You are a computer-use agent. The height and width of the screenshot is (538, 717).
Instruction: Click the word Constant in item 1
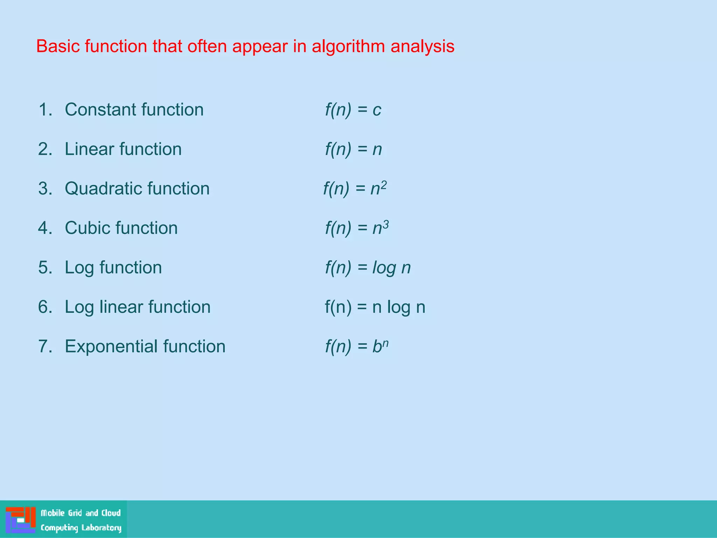pyautogui.click(x=100, y=109)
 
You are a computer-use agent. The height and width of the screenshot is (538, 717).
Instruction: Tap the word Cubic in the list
pyautogui.click(x=87, y=228)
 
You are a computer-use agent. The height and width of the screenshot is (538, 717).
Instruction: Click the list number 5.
pyautogui.click(x=45, y=268)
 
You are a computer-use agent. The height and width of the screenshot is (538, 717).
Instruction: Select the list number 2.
pyautogui.click(x=45, y=149)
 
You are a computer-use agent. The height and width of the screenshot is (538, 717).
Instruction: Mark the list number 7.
pyautogui.click(x=45, y=346)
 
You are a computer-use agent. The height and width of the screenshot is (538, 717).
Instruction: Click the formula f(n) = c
pyautogui.click(x=353, y=110)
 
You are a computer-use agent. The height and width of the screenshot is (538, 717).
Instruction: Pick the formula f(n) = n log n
pyautogui.click(x=375, y=307)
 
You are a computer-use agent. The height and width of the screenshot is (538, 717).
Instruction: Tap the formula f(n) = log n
pyautogui.click(x=368, y=268)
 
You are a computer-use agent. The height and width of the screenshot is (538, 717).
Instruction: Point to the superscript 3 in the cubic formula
pyautogui.click(x=385, y=224)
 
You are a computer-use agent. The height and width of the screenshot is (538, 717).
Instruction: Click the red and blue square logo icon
pyautogui.click(x=21, y=520)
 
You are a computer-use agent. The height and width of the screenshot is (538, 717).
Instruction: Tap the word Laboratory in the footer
pyautogui.click(x=102, y=527)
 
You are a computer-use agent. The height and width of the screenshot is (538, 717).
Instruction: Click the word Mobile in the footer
pyautogui.click(x=53, y=513)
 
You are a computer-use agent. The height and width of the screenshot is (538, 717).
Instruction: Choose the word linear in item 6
pyautogui.click(x=121, y=307)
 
